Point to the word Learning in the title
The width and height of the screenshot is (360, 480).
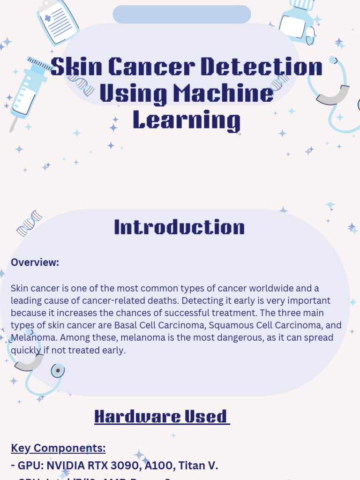click(x=187, y=120)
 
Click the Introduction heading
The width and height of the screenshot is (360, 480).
click(x=180, y=227)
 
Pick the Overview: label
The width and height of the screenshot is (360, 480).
click(x=35, y=262)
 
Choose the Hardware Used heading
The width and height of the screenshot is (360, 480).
click(x=162, y=416)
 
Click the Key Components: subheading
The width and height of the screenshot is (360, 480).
click(x=58, y=449)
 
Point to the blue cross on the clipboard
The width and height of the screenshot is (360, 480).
click(x=48, y=18)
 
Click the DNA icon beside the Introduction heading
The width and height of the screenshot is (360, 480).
click(x=29, y=223)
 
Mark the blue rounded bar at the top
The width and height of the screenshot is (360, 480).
click(x=181, y=15)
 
